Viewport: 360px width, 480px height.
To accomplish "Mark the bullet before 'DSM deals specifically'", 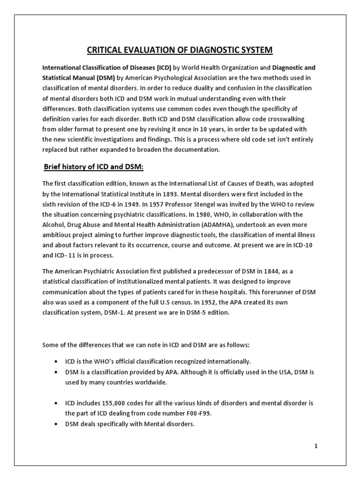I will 56,411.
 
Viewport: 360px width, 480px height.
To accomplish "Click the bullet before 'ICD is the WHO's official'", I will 56,361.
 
